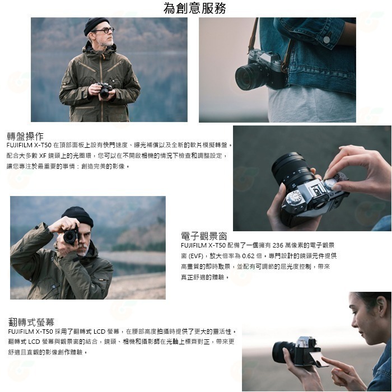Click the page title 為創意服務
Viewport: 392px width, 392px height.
click(195, 8)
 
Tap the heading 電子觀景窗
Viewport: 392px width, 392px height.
click(204, 236)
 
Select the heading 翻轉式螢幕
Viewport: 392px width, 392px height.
click(31, 322)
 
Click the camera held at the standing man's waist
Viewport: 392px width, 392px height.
click(105, 90)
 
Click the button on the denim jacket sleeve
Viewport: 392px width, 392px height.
click(326, 40)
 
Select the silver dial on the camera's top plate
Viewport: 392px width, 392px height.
click(293, 197)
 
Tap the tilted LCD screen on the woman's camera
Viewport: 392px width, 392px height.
click(320, 359)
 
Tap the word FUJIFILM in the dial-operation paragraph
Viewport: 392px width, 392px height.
click(20, 145)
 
